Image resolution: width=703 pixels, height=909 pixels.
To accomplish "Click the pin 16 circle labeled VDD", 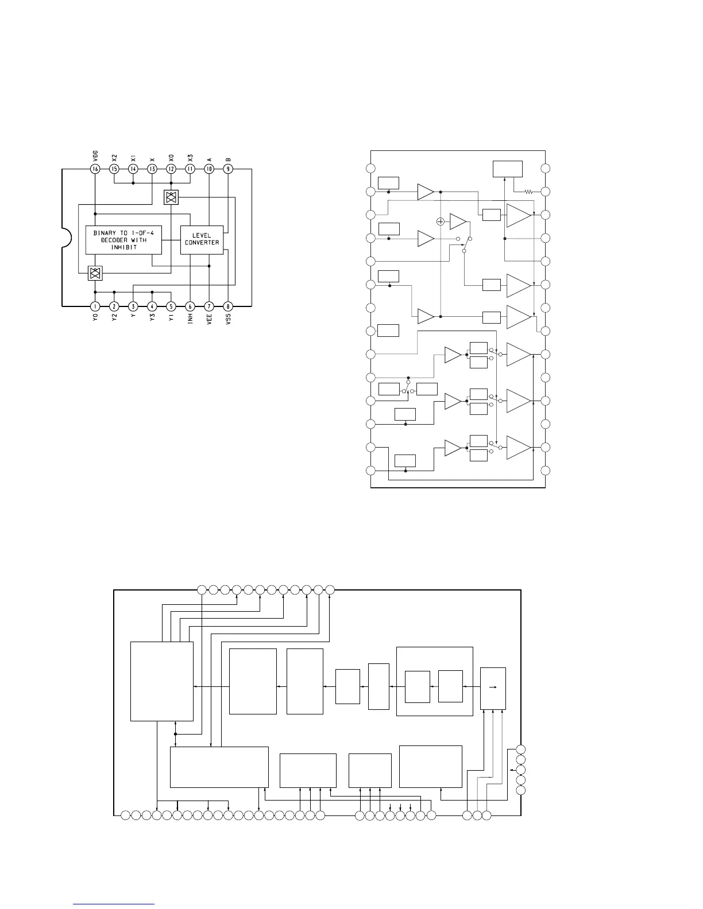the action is tap(95, 169).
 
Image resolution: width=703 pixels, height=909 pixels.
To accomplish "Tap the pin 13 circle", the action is tap(152, 169).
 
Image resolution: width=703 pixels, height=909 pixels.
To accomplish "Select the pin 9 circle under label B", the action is tap(228, 169).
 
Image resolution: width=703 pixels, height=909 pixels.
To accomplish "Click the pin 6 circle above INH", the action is tap(190, 306).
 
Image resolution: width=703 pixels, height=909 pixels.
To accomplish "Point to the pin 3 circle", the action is tap(133, 306).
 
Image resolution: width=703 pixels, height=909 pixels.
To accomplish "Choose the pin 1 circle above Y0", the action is tap(95, 306).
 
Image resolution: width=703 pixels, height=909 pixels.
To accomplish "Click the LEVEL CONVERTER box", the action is tap(202, 239).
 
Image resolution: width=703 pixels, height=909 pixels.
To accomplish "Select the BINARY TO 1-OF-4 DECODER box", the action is tap(123, 239).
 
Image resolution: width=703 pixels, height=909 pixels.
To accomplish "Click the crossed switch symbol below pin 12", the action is tap(171, 197).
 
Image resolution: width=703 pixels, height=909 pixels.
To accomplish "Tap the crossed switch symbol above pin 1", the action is tap(95, 273).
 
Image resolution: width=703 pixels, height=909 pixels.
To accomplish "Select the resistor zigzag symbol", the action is tap(529, 192).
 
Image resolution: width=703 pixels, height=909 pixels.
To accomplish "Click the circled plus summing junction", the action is tap(441, 221).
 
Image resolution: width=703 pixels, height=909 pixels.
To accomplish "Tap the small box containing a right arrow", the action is tap(493, 688).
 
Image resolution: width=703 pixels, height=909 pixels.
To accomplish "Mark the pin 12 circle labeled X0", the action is tap(171, 169).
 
